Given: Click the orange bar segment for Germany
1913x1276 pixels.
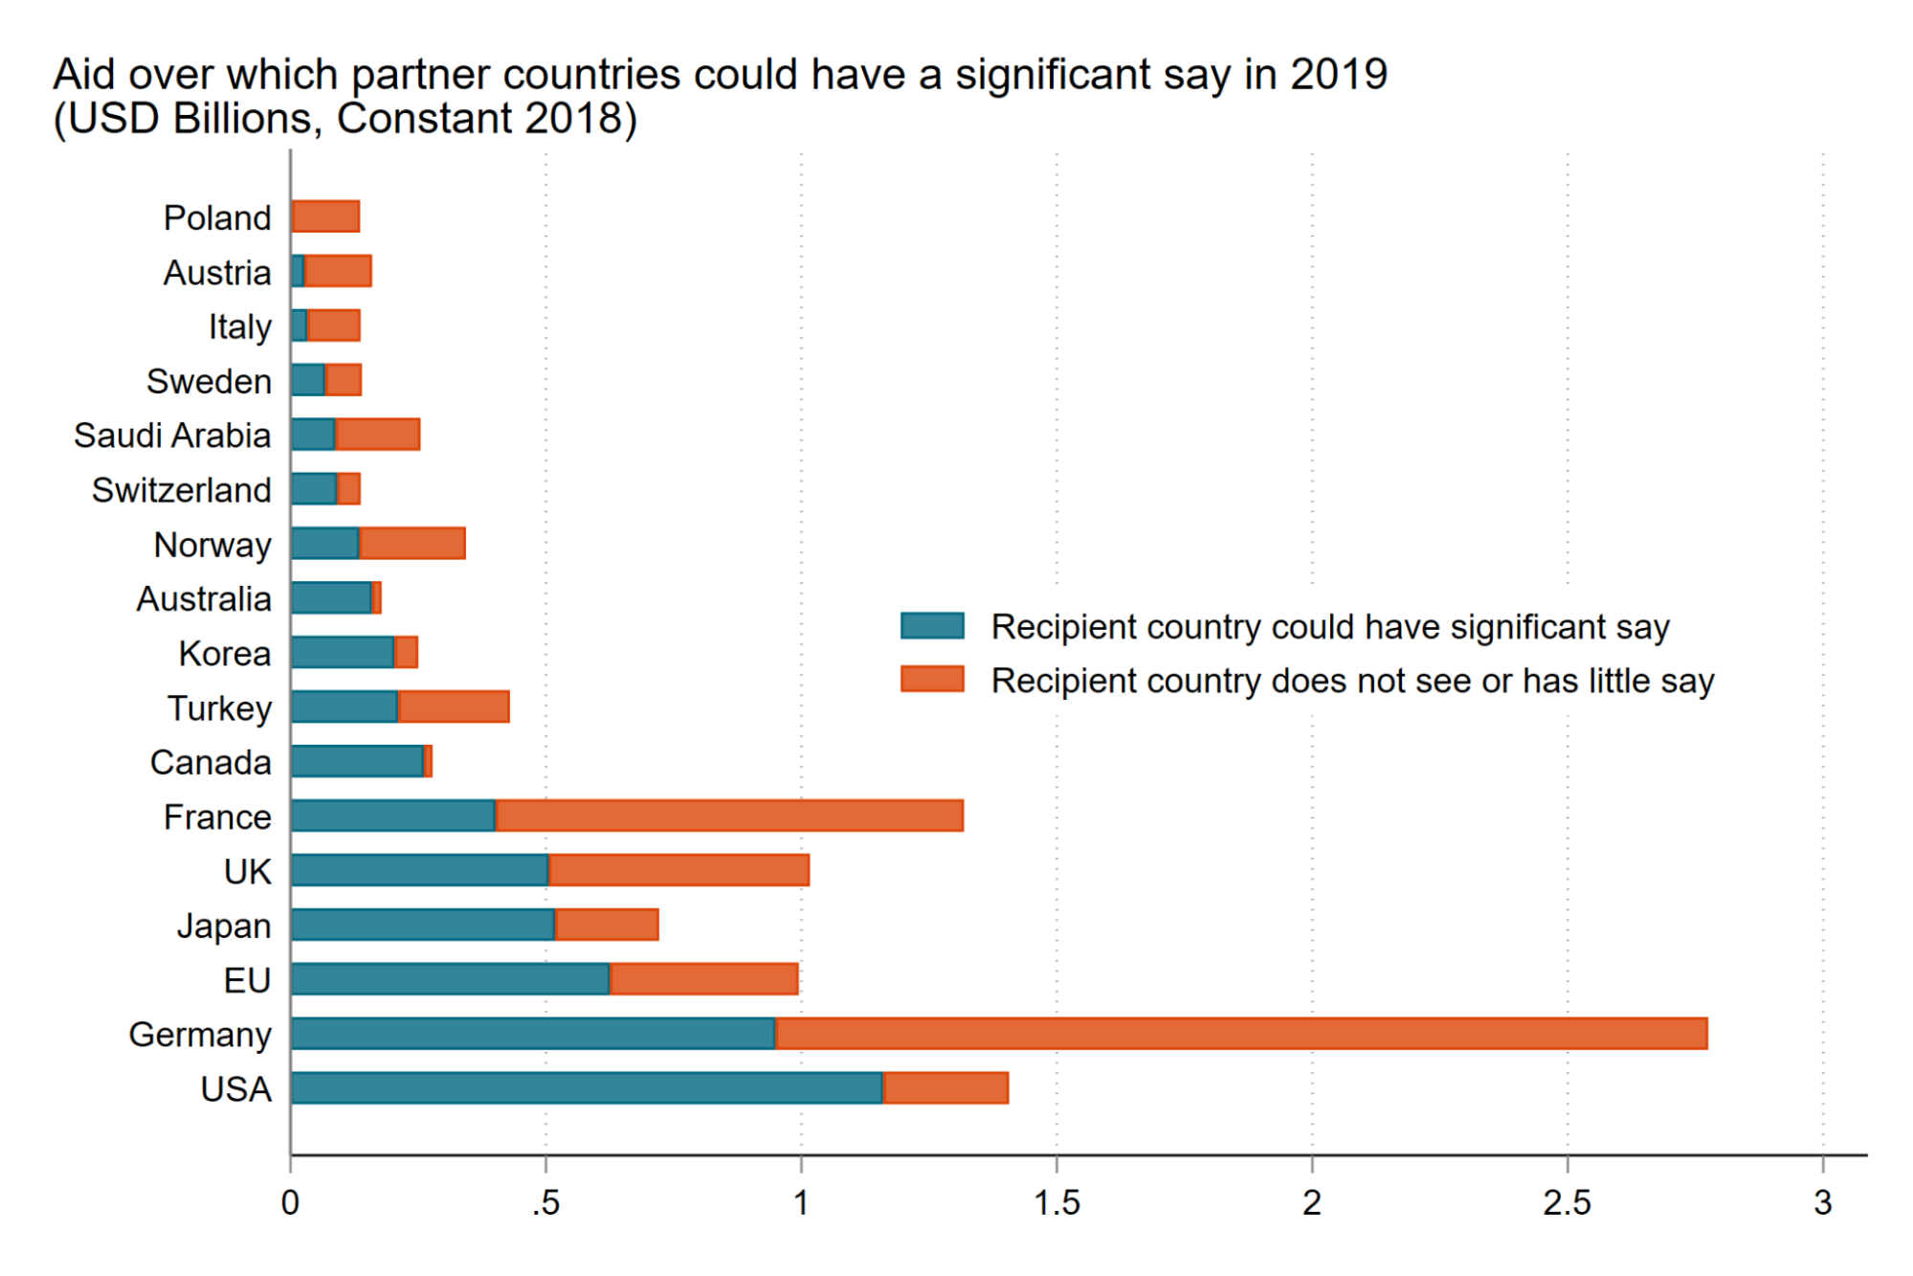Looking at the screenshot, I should point(1241,1034).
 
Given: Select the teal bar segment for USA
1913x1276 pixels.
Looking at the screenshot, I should point(587,1088).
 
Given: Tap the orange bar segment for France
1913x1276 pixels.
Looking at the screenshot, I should point(729,816).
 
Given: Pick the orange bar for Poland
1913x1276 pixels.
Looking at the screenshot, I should point(326,216).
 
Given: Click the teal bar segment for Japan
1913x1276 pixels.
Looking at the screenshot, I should point(423,925).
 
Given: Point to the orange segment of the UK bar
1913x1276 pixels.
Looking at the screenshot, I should point(679,870).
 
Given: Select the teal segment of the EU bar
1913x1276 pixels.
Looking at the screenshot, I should point(450,979).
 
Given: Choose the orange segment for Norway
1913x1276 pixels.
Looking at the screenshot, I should point(412,544).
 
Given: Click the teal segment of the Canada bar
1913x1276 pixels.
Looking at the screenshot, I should point(358,762).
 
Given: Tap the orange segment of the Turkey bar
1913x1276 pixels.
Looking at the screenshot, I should point(454,707).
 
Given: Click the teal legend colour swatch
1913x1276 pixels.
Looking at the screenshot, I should point(932,626).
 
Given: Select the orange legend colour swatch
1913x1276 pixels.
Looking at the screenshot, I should point(932,680).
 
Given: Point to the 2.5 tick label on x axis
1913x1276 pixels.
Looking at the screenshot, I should point(1567,1203).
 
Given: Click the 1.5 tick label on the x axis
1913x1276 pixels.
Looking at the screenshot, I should point(1057,1203).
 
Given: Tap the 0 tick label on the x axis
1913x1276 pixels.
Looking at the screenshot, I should point(290,1203).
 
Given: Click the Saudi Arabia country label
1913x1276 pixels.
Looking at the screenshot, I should point(172,436).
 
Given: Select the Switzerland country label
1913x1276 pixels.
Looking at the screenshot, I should point(182,490).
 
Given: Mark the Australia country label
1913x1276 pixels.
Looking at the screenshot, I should point(204,599).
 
